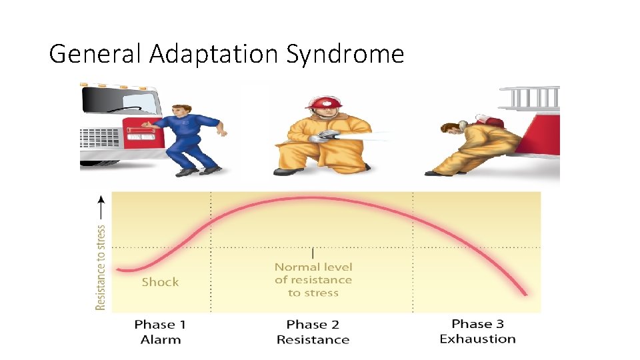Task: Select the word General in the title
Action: coord(96,53)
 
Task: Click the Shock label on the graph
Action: coord(160,282)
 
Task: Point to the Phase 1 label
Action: coord(160,325)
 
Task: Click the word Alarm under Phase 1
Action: coord(160,339)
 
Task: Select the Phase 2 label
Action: coord(313,325)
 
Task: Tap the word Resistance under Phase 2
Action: coord(313,339)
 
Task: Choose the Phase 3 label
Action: coord(477,324)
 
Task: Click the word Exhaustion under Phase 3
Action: coord(477,339)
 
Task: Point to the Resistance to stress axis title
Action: coord(101,267)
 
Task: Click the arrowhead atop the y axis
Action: coord(101,198)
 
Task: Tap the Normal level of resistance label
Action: coord(313,280)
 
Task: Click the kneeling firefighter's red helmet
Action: coord(323,103)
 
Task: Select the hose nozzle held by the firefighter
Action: coord(328,135)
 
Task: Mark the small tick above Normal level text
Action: coord(313,253)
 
